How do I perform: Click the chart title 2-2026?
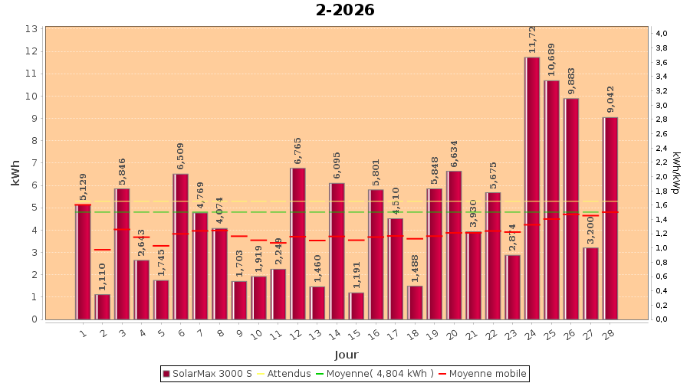click(345, 10)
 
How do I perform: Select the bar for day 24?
click(532, 188)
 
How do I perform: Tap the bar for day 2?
click(103, 306)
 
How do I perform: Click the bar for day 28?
click(610, 218)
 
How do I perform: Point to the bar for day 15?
click(356, 306)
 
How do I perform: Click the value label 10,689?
click(552, 61)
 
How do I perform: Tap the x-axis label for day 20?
click(452, 334)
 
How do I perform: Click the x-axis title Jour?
click(346, 355)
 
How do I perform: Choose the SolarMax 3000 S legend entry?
click(207, 374)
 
